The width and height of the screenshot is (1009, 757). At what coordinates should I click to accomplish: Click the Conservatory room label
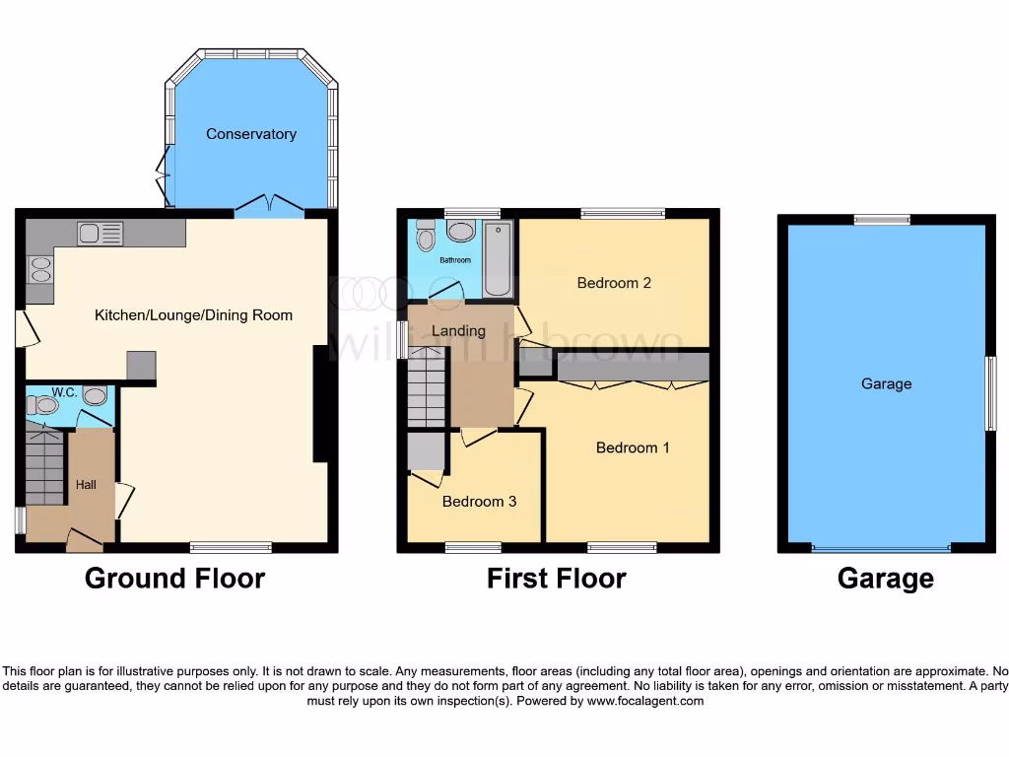click(250, 134)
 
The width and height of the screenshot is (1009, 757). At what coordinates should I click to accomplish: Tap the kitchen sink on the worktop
click(101, 234)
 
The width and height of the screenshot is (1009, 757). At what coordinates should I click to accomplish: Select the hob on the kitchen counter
click(39, 270)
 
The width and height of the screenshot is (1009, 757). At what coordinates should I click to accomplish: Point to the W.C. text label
click(65, 392)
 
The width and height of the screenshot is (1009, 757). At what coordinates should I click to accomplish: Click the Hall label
click(87, 485)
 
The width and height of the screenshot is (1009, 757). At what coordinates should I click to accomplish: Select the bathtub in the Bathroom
click(498, 259)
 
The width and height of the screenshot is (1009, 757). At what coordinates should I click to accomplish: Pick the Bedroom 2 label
click(614, 283)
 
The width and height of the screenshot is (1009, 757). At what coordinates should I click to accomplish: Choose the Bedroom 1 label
click(633, 447)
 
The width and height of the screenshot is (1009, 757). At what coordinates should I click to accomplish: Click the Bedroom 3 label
click(479, 502)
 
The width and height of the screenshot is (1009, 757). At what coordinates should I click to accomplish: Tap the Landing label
click(458, 331)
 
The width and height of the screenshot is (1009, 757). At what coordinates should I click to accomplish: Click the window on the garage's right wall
click(991, 393)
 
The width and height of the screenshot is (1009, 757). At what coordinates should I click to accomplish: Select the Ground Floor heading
click(174, 578)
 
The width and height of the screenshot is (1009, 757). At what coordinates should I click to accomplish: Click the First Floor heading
click(556, 578)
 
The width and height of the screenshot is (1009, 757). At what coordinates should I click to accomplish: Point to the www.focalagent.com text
click(645, 702)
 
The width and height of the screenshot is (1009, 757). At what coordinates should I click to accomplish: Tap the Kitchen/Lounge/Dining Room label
click(193, 315)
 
